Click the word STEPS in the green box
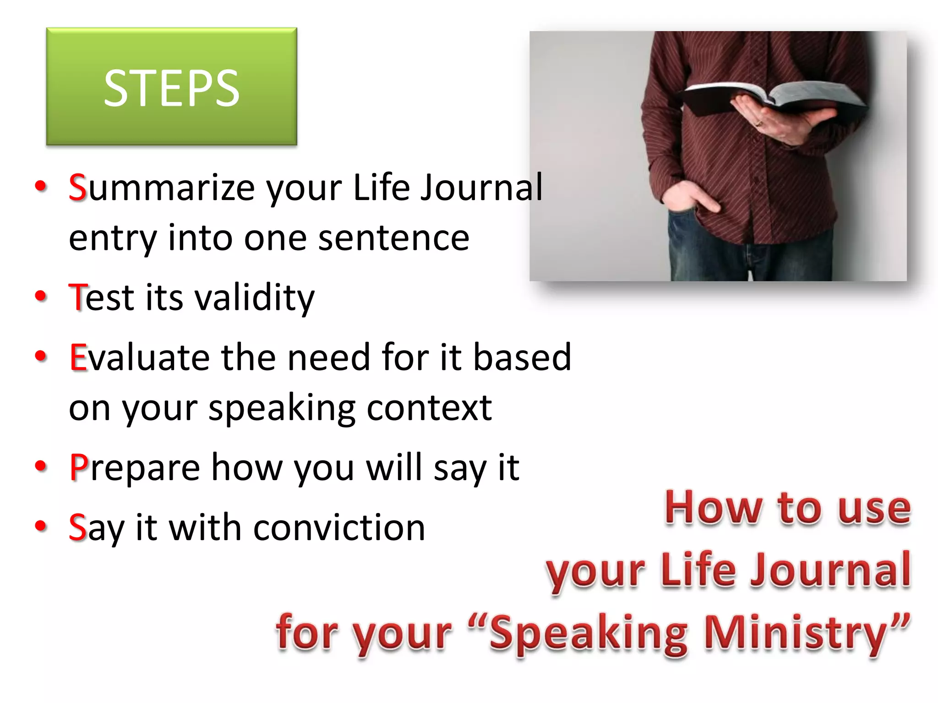pos(171,88)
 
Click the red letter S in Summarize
pos(77,188)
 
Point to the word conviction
pos(339,527)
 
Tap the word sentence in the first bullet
pos(393,238)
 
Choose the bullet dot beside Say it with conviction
pos(41,526)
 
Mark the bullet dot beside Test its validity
pos(41,296)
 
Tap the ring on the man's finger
pos(759,123)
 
